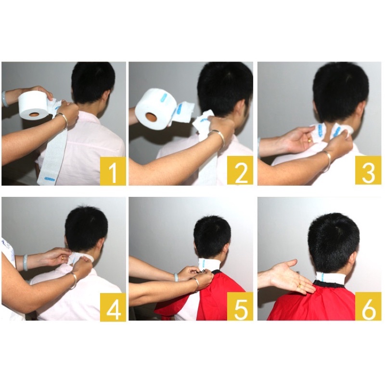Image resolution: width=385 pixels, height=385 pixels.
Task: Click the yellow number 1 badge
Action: (x=113, y=171)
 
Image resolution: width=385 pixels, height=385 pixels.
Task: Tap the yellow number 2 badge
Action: (x=240, y=170)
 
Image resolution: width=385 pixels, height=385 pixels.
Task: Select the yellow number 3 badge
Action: (x=368, y=170)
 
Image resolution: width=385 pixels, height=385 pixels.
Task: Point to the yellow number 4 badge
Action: (x=113, y=306)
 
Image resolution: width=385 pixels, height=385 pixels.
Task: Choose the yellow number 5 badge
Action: (x=240, y=306)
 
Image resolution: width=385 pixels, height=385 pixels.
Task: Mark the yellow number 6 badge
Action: (x=368, y=306)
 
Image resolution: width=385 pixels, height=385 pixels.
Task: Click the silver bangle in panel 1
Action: (x=62, y=120)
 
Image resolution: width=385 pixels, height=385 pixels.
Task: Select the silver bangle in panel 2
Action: (x=219, y=139)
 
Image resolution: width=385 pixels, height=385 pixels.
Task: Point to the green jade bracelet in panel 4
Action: (x=26, y=262)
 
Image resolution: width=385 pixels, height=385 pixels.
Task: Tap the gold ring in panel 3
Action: (x=310, y=141)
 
